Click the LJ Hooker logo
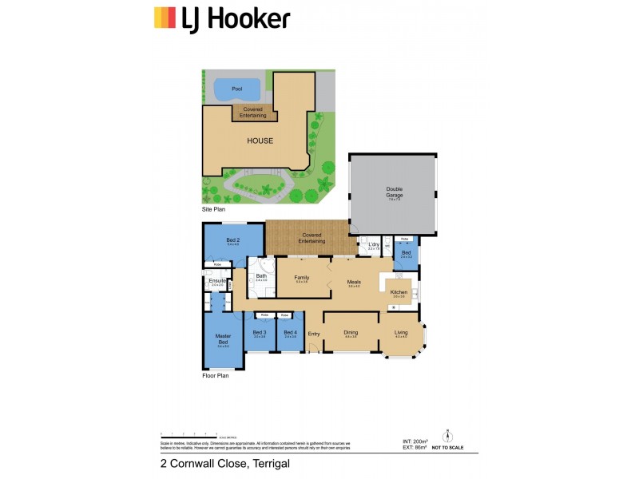click(221, 18)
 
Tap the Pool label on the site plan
click(236, 89)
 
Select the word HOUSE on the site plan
click(260, 141)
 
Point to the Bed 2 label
click(232, 240)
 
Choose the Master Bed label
click(223, 338)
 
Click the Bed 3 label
click(259, 332)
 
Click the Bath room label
click(261, 276)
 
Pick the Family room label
click(302, 277)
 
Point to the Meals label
click(354, 281)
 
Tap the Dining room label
click(351, 332)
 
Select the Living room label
click(401, 332)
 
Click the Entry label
click(313, 333)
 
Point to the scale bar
click(189, 434)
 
